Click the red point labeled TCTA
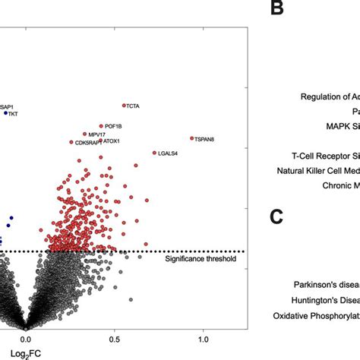[124, 106]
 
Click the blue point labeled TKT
[6, 112]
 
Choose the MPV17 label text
[96, 134]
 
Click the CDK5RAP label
[87, 142]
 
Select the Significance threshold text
[201, 259]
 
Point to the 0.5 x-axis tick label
[114, 339]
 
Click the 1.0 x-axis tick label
[202, 339]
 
